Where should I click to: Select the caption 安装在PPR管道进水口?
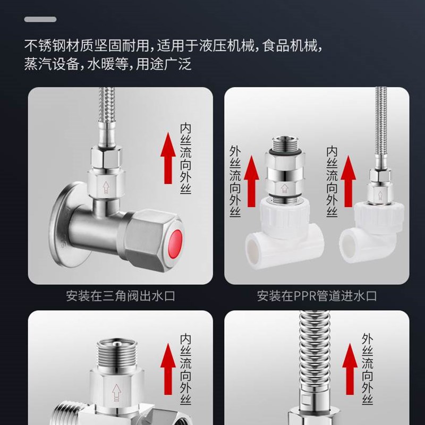pos(317,295)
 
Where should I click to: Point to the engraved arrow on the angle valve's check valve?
pos(105,186)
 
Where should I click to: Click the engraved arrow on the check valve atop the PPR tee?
pos(283,187)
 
